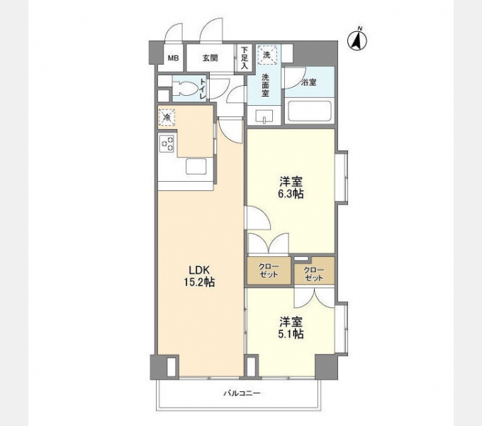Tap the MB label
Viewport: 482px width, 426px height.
tap(172, 58)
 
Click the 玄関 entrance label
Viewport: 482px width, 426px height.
tap(209, 58)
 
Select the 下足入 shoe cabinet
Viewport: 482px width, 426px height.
tap(245, 57)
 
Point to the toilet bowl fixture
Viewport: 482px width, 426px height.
tap(184, 89)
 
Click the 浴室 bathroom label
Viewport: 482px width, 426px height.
tap(308, 82)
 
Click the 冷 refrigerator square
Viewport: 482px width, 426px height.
tap(167, 116)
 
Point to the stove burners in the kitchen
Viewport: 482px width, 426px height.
tap(168, 144)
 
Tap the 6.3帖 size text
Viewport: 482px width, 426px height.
tap(291, 193)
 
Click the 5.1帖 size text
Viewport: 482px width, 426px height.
tap(291, 333)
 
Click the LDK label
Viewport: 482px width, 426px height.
tap(199, 269)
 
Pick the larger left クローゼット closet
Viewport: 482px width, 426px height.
tap(269, 271)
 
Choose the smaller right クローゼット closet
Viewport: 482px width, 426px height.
tap(313, 273)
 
